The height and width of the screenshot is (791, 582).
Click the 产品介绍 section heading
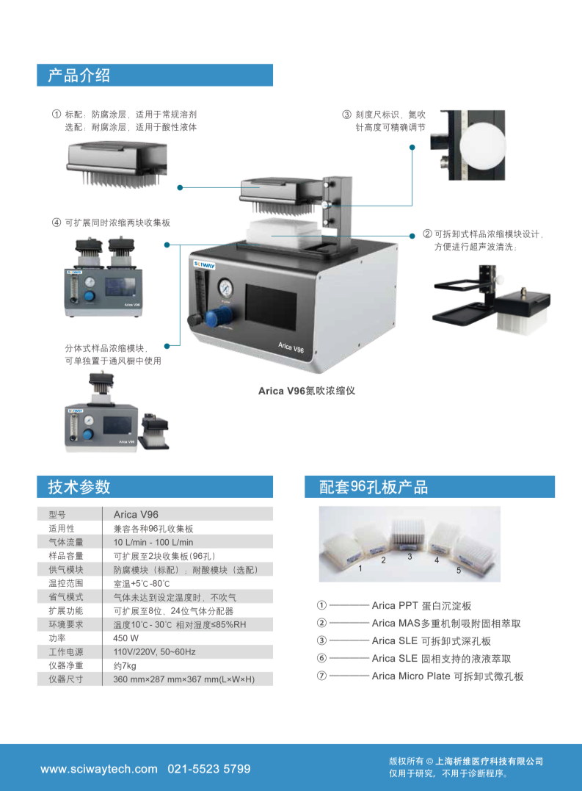click(x=79, y=75)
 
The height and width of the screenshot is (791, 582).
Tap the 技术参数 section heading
click(x=79, y=487)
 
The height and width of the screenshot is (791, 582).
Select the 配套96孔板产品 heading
click(x=374, y=487)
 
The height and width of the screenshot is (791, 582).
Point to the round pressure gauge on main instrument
click(x=226, y=285)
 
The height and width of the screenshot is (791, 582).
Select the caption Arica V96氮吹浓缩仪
click(x=306, y=391)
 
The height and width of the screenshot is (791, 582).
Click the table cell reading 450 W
click(x=126, y=638)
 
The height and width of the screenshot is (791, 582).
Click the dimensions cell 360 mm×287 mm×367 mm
click(x=183, y=679)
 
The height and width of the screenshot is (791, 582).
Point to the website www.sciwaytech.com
click(x=99, y=769)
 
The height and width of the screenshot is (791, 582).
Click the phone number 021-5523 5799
click(x=209, y=769)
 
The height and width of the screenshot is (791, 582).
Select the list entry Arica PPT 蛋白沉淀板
click(x=421, y=606)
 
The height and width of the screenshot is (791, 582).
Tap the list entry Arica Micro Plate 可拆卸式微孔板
click(x=448, y=676)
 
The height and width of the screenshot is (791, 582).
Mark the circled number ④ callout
click(x=57, y=223)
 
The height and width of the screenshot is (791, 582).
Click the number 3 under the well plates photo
click(x=410, y=556)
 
